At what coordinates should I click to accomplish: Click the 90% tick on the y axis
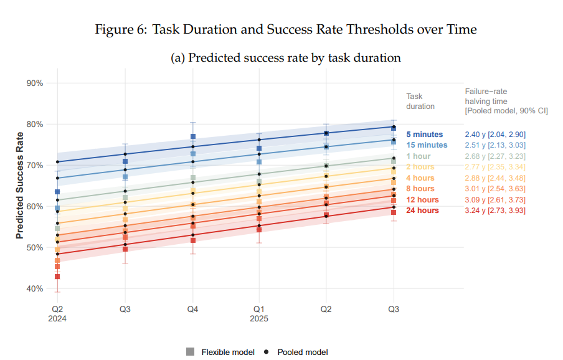tap(34, 83)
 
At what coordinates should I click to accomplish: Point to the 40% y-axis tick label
tap(34, 288)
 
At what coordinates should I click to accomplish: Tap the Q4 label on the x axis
tap(193, 309)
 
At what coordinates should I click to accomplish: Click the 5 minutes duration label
tap(424, 135)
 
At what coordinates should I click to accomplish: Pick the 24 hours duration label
tap(422, 211)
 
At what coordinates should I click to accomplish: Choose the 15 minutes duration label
tap(426, 145)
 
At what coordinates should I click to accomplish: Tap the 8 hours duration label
tap(420, 189)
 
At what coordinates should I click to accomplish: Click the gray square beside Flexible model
tap(190, 352)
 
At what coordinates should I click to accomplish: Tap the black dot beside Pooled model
tap(267, 352)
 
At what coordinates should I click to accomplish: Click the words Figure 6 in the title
tap(120, 29)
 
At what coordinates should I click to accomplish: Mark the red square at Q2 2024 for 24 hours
tap(57, 277)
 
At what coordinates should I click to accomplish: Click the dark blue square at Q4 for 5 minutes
tap(193, 136)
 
